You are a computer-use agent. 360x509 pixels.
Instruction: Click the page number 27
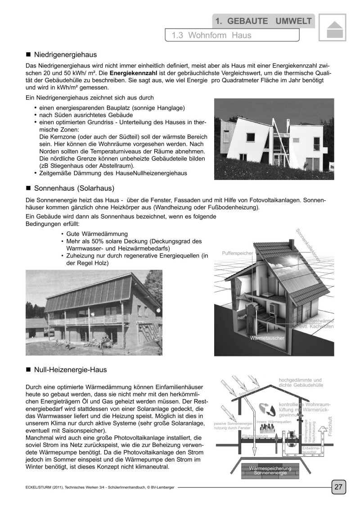(x=338, y=486)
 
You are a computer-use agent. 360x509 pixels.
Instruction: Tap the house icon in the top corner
(x=333, y=29)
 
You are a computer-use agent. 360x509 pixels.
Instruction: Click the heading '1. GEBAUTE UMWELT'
(x=264, y=21)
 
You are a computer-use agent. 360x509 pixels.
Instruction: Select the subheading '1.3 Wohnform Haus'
(x=211, y=35)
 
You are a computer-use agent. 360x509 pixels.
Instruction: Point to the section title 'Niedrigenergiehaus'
(x=66, y=55)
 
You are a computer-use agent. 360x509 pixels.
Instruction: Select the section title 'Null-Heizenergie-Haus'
(x=71, y=370)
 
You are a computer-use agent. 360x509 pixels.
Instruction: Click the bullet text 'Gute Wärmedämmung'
(x=97, y=234)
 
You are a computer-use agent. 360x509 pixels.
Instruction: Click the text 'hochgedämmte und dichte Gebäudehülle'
(x=301, y=383)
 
